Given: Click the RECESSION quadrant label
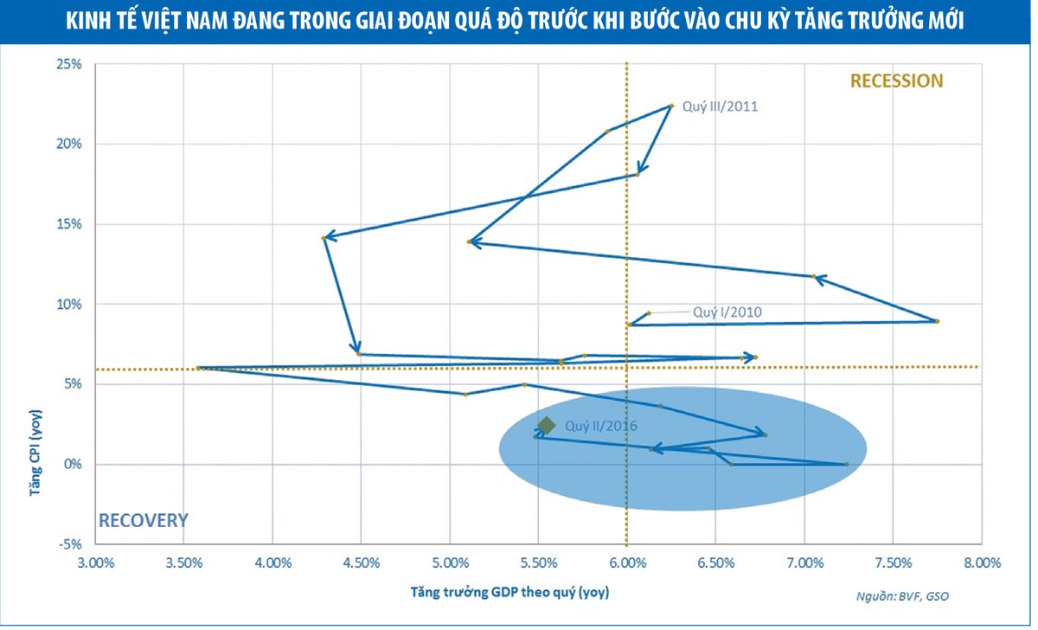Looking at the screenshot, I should tap(896, 81).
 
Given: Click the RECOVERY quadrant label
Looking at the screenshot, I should tap(143, 520).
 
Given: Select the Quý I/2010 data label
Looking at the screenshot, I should tap(727, 312).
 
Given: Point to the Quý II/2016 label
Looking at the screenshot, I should tap(601, 426).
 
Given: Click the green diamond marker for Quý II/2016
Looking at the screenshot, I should tap(546, 425).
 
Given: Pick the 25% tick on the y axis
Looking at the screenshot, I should tap(69, 64).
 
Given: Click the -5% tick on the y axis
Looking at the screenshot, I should tap(69, 544).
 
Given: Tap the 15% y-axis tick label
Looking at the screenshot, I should tap(69, 224).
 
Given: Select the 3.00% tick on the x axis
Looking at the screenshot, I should tap(96, 562).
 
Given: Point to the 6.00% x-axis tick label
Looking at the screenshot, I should tap(627, 562).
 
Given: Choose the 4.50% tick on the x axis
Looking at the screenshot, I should tap(362, 562).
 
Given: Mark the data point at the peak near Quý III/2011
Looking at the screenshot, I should tap(671, 106).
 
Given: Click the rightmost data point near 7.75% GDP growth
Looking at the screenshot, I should tap(937, 321).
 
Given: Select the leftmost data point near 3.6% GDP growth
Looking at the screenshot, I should tap(198, 368).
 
